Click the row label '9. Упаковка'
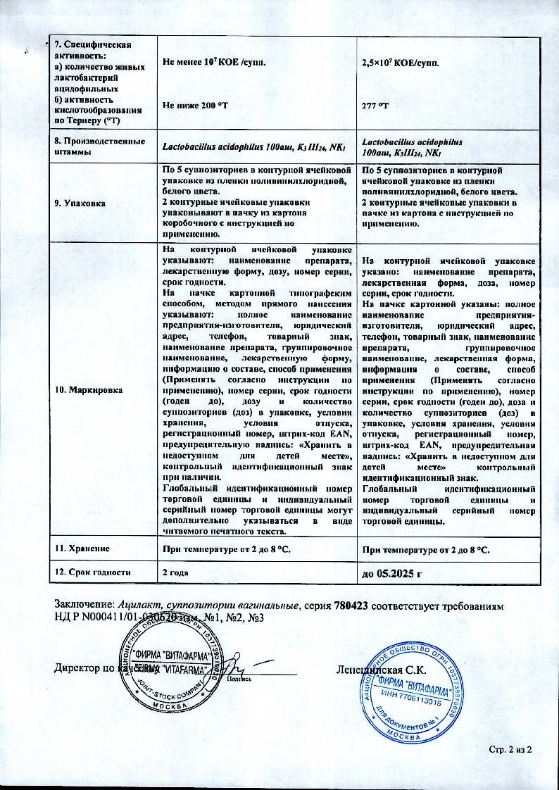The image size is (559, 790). tap(82, 203)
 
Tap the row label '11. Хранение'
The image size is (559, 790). tap(82, 547)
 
